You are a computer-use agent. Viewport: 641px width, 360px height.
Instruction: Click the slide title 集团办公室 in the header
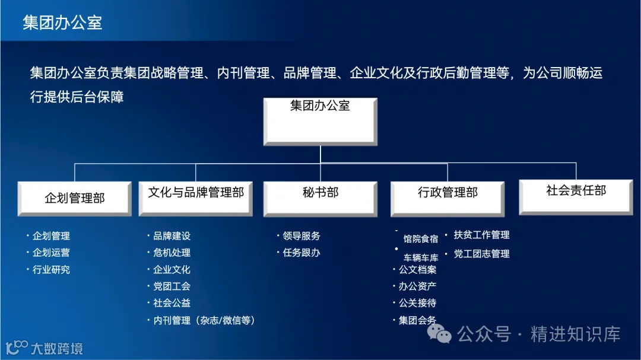coord(62,23)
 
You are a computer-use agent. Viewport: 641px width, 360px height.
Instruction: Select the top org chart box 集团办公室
coord(320,121)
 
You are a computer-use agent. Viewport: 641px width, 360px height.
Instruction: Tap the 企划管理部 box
coord(75,198)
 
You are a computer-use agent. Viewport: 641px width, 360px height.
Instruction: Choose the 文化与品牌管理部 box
coord(196,197)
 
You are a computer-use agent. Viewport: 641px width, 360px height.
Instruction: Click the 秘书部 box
coord(320,197)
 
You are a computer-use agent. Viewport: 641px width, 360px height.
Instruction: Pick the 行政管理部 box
coord(448,198)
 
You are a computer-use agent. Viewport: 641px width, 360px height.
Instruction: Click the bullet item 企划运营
coord(51,253)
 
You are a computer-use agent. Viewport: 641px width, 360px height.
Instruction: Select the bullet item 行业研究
coord(51,270)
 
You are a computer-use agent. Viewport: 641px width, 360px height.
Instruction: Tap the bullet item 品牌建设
coord(172,236)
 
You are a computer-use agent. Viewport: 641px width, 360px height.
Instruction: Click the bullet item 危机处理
coord(172,253)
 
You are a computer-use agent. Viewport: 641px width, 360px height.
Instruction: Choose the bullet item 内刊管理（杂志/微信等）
coord(204,320)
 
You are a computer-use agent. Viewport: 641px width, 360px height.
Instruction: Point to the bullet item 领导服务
coord(301,236)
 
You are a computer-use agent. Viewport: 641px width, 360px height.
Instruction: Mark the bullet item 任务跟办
coord(301,253)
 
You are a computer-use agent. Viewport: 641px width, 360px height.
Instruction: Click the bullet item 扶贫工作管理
coord(481,235)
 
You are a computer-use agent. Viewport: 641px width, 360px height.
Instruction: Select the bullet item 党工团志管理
coord(481,254)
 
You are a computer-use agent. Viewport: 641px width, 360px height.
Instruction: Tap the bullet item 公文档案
coord(417,270)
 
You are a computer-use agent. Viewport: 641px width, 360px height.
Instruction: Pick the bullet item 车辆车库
coord(421,258)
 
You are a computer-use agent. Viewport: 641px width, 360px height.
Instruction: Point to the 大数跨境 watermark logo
coord(44,348)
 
